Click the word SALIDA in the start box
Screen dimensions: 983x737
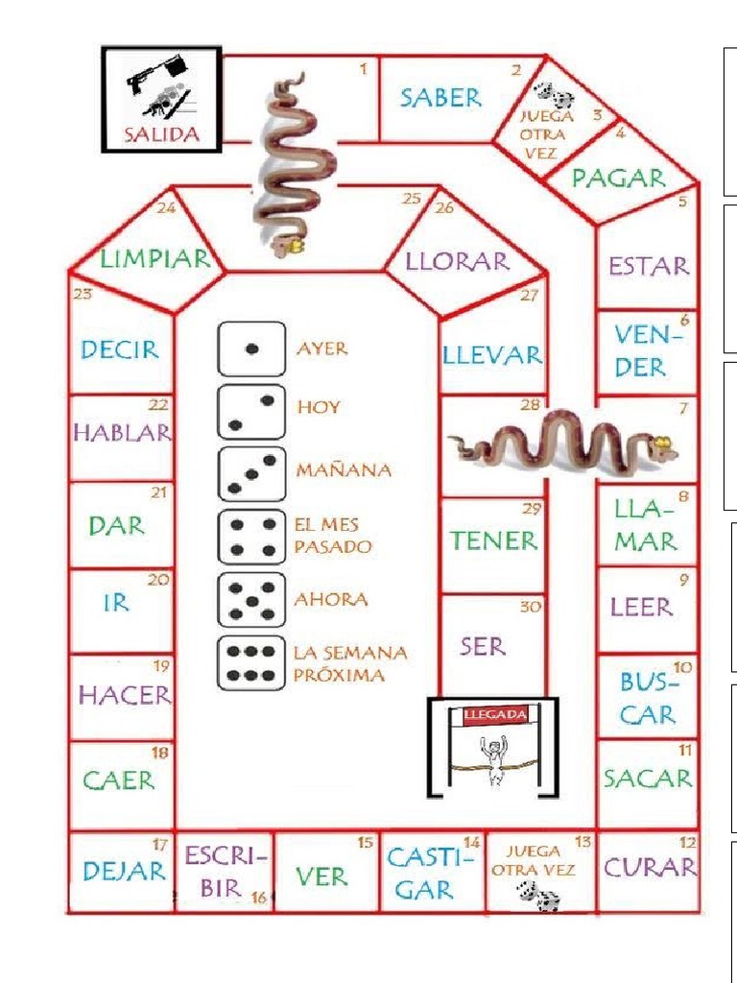161,134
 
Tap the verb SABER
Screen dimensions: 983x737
440,97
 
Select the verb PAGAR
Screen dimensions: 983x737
618,178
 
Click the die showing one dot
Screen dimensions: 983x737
251,349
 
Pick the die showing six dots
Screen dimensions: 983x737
251,662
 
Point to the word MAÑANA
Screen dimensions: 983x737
344,470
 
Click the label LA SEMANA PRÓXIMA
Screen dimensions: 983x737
349,663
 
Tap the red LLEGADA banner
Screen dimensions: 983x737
494,715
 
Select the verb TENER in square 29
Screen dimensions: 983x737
494,540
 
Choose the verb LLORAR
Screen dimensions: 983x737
457,261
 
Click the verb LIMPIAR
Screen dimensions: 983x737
155,258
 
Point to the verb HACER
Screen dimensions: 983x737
124,694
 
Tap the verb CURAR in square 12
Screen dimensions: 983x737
649,868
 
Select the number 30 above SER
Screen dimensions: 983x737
529,607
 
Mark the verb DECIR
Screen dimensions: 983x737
120,349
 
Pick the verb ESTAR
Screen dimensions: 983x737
649,266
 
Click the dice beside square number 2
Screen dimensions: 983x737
554,95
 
